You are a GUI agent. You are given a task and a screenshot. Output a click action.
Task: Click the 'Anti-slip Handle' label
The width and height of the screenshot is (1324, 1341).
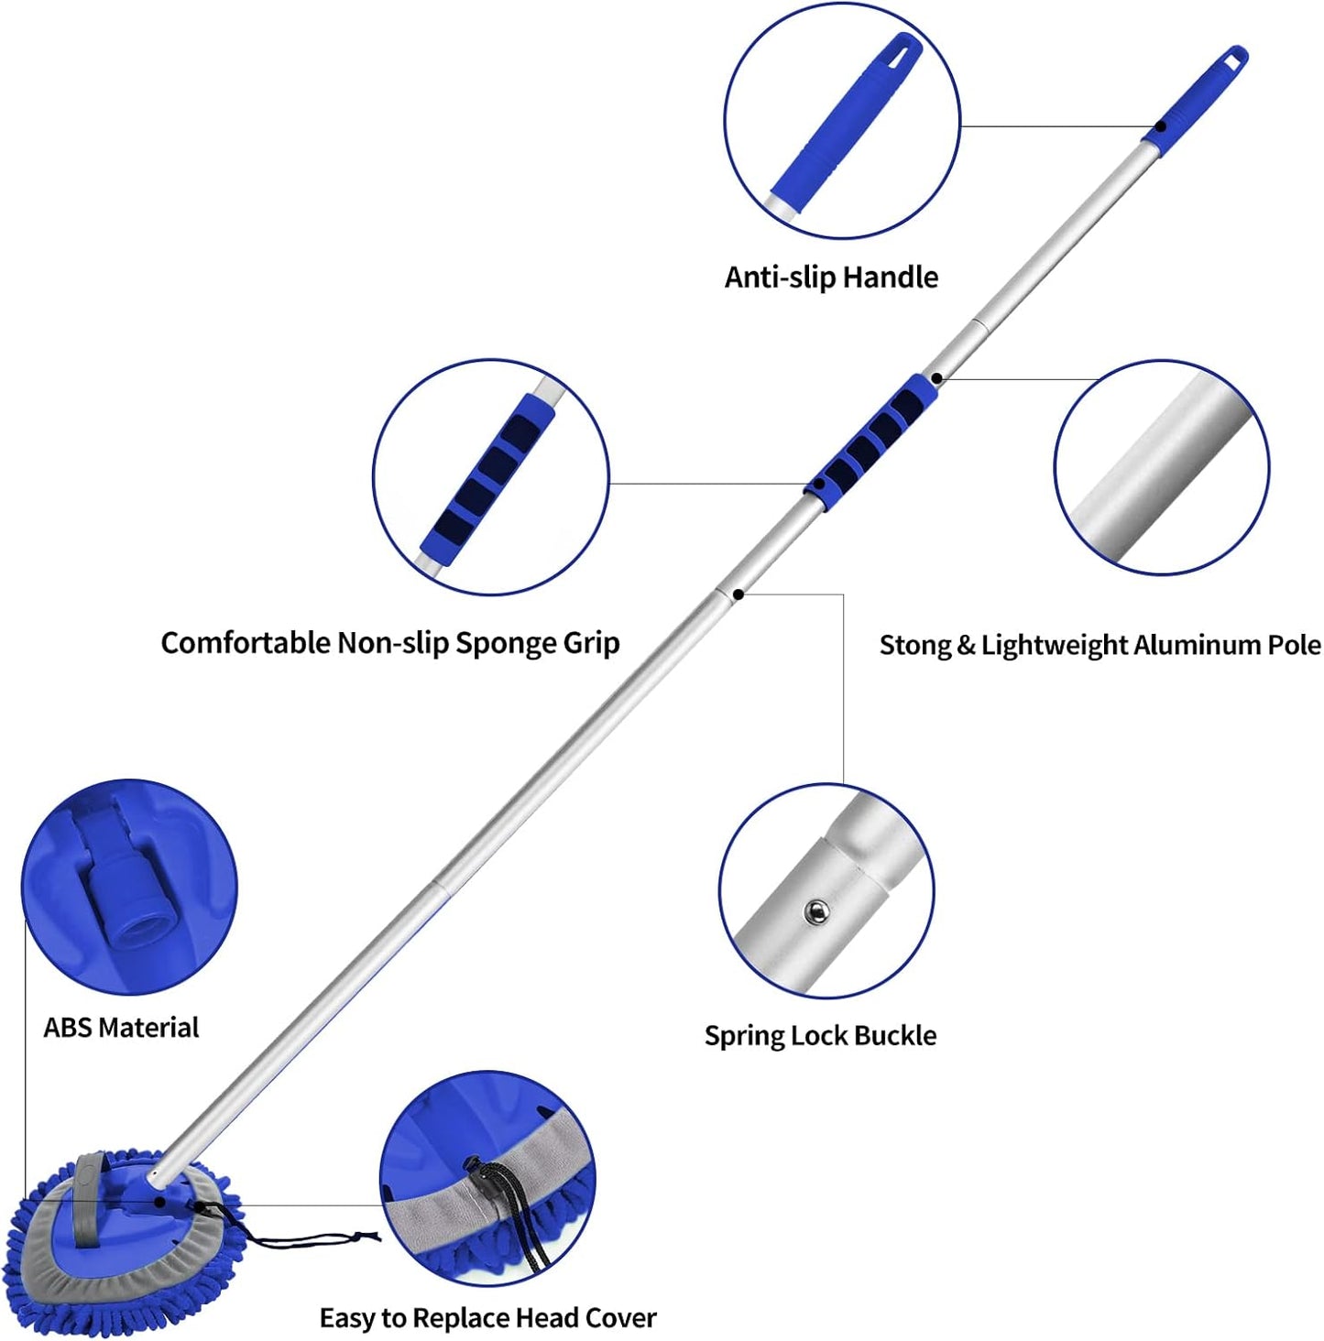[831, 277]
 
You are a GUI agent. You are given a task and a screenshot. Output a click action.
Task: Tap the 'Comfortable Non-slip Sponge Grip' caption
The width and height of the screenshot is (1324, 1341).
[390, 643]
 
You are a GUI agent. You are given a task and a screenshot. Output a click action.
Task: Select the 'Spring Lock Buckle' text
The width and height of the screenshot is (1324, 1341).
[820, 1036]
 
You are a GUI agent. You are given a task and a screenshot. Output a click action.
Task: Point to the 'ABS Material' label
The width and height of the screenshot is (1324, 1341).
[121, 1028]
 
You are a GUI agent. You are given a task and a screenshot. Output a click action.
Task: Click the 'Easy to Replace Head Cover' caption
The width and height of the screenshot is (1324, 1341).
[487, 1318]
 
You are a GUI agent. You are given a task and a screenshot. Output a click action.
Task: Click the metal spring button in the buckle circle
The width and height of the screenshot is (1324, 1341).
[815, 911]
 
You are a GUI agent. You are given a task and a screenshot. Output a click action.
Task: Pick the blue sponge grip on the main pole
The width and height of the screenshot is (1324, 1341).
[873, 434]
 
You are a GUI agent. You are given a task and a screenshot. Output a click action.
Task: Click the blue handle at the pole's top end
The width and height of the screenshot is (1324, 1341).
[1197, 95]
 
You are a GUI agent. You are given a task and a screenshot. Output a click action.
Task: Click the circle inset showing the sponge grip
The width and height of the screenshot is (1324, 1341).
[491, 476]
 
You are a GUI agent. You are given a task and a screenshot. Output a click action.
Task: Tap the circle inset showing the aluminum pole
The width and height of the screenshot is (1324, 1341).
[1162, 467]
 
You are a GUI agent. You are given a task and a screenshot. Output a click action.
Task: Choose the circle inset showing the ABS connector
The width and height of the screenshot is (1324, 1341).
[129, 887]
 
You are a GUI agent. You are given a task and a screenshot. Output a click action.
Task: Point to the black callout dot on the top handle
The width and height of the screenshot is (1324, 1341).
[1160, 126]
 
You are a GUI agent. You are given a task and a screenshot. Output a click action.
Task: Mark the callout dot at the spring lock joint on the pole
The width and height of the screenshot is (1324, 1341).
[739, 594]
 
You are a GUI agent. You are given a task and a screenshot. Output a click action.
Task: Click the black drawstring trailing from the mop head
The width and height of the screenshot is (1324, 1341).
[312, 1241]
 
